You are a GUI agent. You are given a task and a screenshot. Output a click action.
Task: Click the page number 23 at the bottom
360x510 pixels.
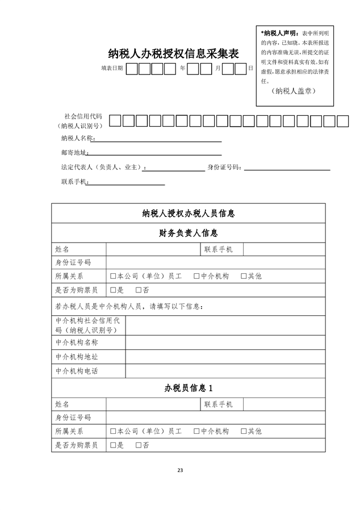(180, 470)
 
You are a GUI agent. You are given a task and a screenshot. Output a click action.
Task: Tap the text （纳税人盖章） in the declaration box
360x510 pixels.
(293, 91)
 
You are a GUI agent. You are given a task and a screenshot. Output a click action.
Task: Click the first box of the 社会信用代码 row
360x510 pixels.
(115, 120)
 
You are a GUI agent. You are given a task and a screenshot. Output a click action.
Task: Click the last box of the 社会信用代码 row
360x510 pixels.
(342, 120)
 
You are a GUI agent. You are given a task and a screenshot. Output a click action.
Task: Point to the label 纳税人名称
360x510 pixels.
(77, 139)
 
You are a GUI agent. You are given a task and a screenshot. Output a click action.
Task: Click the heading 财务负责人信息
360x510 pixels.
(189, 233)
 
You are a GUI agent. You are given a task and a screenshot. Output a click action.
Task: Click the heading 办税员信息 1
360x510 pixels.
(189, 388)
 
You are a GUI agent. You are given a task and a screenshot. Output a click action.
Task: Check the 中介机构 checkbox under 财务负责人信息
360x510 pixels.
(196, 277)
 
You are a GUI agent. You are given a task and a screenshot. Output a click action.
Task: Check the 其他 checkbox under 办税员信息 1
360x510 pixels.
(244, 432)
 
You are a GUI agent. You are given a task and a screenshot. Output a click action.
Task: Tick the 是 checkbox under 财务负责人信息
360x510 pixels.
(114, 290)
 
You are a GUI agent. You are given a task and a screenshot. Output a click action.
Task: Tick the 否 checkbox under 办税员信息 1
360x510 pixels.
(139, 445)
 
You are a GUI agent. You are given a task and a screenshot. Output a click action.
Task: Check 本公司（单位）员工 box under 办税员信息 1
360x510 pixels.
(114, 432)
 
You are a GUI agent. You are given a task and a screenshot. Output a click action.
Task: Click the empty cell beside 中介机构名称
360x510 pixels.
(225, 342)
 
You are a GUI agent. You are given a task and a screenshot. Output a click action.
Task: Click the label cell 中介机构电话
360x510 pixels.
(77, 371)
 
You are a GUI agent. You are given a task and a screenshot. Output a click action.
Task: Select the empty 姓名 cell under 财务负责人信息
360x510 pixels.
(152, 249)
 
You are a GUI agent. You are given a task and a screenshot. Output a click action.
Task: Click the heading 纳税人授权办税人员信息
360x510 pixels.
(189, 214)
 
